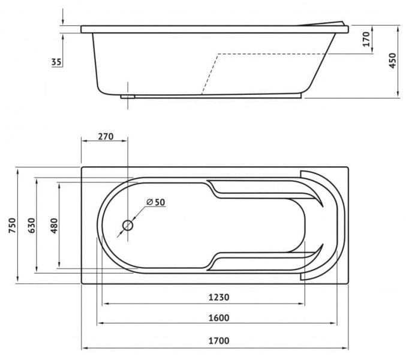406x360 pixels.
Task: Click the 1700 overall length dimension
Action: point(219,341)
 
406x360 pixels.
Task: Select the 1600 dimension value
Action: point(219,318)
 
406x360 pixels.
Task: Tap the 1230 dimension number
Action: point(219,297)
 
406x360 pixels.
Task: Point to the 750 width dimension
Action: point(12,226)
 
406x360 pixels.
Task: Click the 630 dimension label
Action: point(31,226)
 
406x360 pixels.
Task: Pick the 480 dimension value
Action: point(54,226)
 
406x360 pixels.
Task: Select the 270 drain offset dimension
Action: point(106,136)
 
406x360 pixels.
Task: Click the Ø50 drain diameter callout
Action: point(155,202)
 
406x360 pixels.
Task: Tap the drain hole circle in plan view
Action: point(128,226)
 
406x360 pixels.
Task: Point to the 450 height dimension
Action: point(393,61)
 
